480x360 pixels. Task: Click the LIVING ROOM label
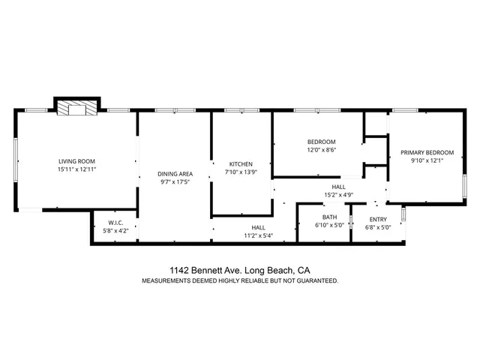tap(76, 161)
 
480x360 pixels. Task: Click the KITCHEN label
tap(241, 164)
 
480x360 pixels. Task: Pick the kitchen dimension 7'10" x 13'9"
tap(241, 173)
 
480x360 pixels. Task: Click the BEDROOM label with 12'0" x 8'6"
tap(321, 142)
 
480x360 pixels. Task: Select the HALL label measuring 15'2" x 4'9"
tap(338, 187)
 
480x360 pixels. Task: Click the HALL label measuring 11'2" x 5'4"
tap(258, 227)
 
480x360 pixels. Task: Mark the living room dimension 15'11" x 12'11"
tap(76, 170)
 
